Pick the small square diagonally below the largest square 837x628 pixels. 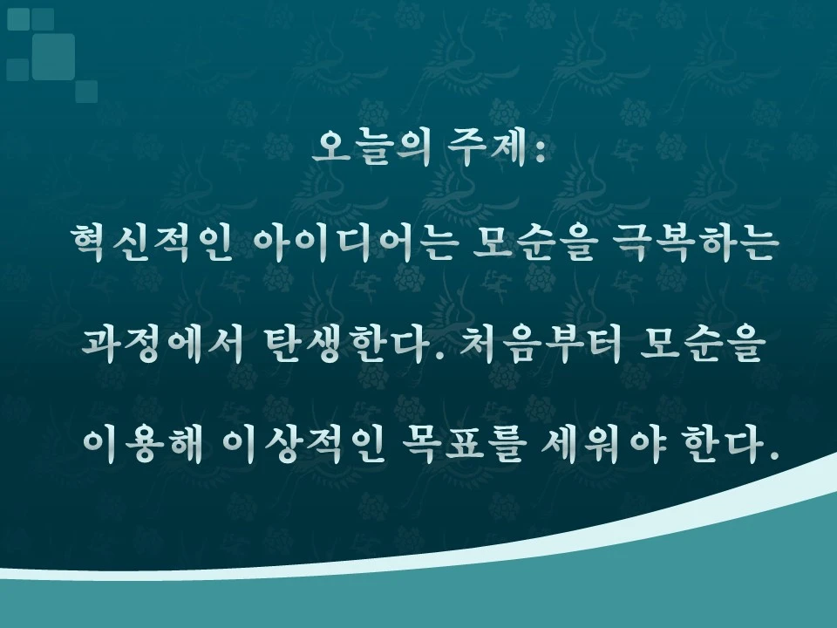(x=86, y=91)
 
